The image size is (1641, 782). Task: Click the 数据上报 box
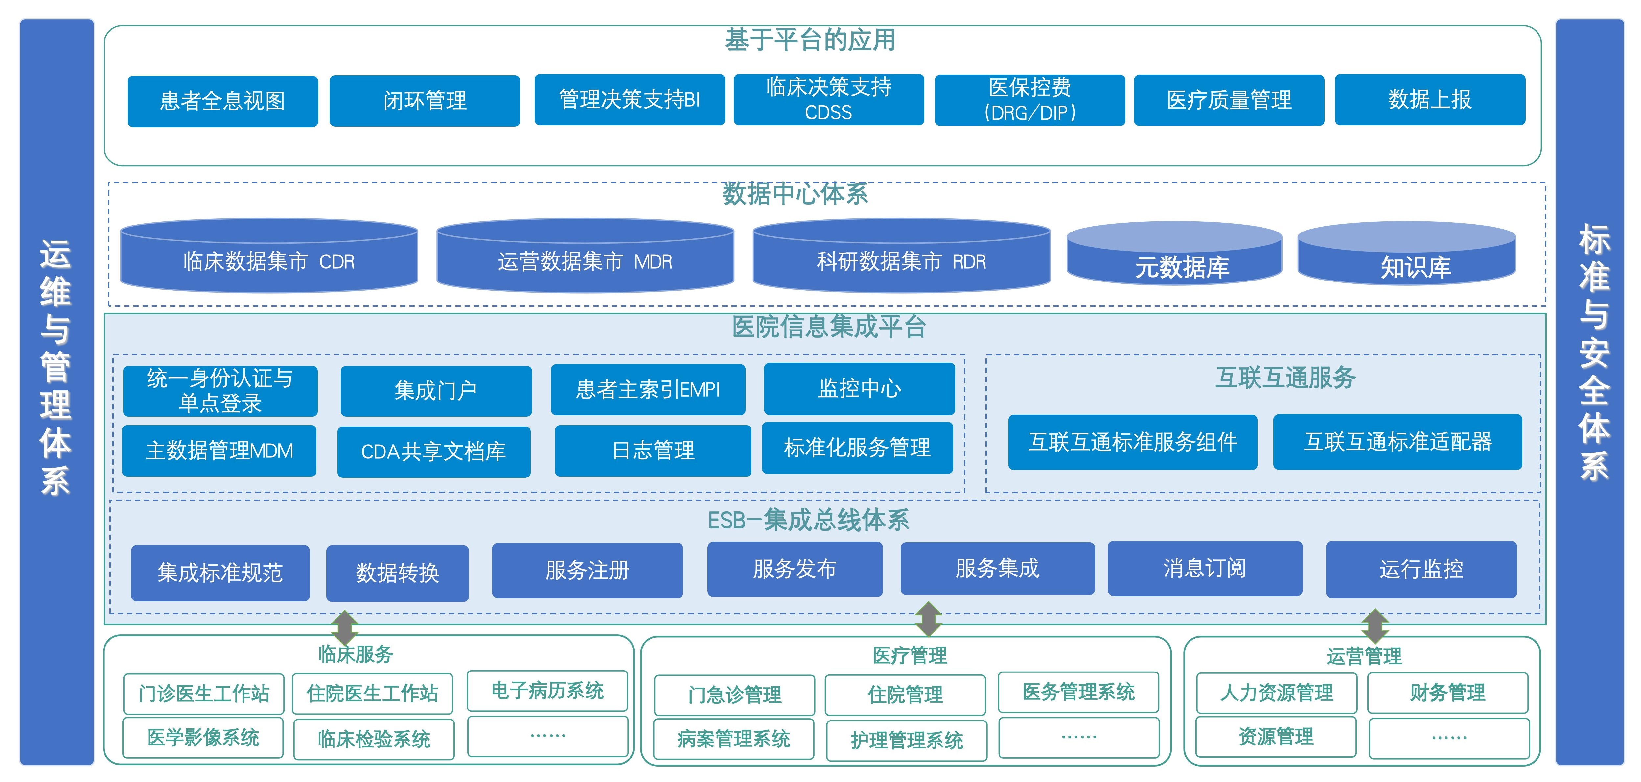pyautogui.click(x=1429, y=99)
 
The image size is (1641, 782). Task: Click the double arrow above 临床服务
pyautogui.click(x=345, y=628)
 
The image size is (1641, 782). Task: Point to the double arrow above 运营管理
pyautogui.click(x=1375, y=626)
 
